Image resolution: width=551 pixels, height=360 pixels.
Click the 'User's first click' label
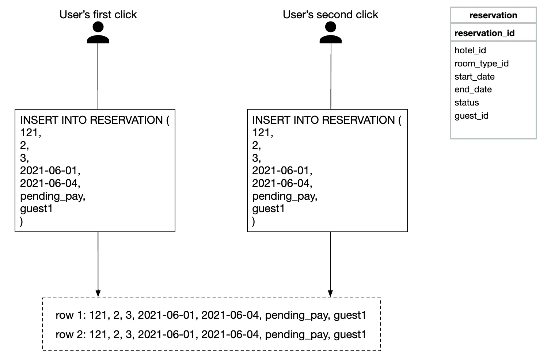(98, 15)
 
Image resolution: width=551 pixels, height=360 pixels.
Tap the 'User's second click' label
(330, 15)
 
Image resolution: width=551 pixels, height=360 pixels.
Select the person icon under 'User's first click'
(98, 32)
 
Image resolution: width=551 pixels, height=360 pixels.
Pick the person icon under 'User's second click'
(331, 32)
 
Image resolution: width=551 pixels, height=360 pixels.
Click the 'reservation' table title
(493, 15)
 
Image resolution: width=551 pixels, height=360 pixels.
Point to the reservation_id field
(484, 33)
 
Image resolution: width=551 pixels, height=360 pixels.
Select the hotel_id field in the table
(470, 50)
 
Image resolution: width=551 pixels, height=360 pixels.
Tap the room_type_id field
(481, 64)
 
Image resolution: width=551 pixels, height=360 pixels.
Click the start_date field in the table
(475, 77)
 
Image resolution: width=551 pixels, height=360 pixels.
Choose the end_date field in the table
(473, 89)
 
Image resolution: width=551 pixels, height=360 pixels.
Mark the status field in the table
(467, 103)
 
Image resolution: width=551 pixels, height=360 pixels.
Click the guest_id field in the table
(471, 116)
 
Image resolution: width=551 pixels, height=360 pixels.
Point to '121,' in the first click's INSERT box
(30, 133)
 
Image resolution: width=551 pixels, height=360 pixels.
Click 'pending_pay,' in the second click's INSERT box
(285, 196)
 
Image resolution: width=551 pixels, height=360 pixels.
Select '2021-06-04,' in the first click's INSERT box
(50, 183)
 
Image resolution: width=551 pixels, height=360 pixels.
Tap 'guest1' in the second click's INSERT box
(268, 209)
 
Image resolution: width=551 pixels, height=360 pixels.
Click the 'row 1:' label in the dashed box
(71, 315)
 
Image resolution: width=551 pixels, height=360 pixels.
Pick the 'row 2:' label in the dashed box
(71, 334)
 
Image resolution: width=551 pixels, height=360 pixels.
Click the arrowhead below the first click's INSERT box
(98, 294)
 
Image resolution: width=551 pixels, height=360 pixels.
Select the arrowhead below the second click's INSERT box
(330, 294)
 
